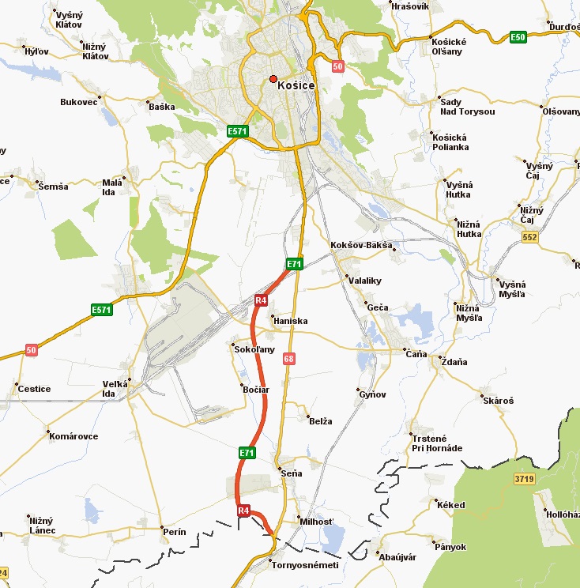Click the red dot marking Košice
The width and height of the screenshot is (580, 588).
click(x=273, y=79)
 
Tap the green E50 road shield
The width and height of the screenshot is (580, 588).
click(x=518, y=37)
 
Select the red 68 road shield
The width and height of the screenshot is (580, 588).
click(x=289, y=359)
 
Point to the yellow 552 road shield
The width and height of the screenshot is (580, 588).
click(x=529, y=236)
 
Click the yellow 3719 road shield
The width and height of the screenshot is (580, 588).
click(x=524, y=479)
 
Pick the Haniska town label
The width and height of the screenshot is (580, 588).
click(x=289, y=321)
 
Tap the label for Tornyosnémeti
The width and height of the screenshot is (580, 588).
click(x=304, y=565)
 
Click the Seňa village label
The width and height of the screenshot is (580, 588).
click(x=292, y=473)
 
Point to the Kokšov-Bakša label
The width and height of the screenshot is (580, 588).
click(x=361, y=246)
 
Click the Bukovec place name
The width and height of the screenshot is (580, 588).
click(x=78, y=102)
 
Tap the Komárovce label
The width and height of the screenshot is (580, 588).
click(x=73, y=436)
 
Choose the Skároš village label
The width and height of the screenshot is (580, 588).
click(x=498, y=401)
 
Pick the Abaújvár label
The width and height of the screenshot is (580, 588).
click(x=397, y=557)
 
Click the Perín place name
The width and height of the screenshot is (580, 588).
click(x=174, y=532)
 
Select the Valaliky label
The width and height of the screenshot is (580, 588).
click(x=364, y=279)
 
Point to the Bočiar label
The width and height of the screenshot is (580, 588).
click(x=257, y=390)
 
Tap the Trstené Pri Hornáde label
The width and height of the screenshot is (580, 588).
click(x=437, y=443)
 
